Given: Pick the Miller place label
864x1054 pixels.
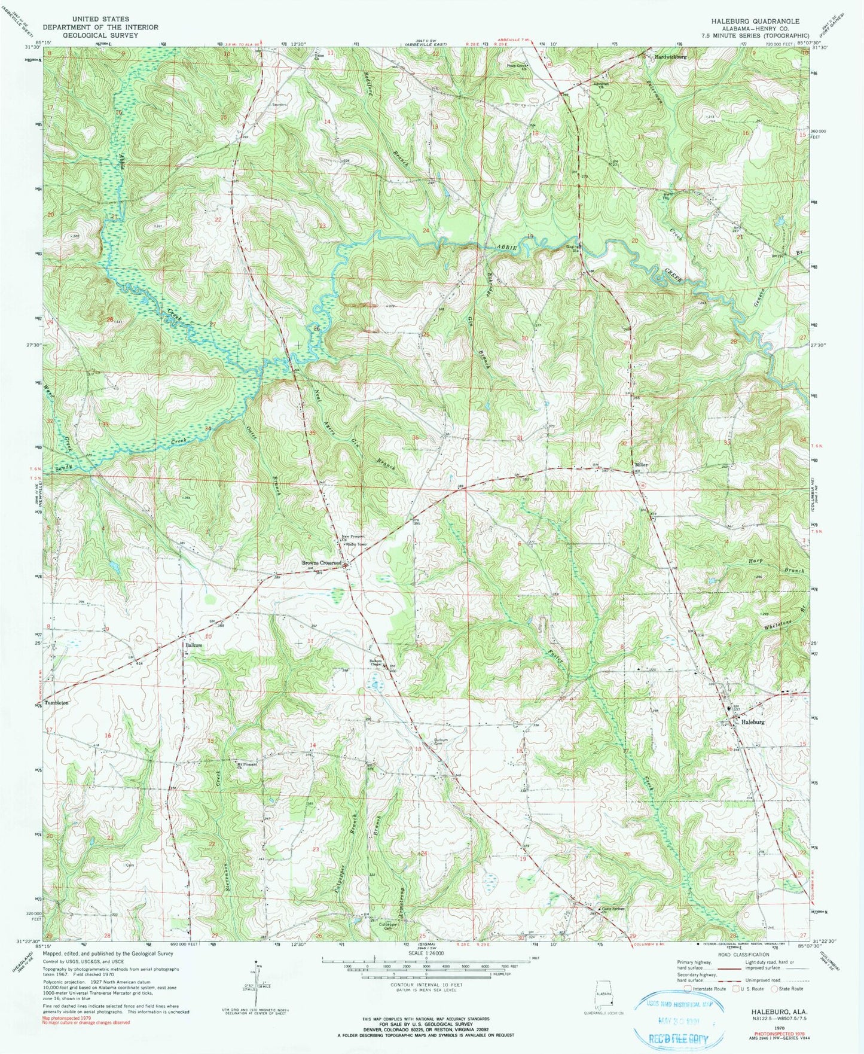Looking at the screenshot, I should click(x=641, y=465).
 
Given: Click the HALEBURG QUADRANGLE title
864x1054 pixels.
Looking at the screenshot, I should click(x=755, y=21).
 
